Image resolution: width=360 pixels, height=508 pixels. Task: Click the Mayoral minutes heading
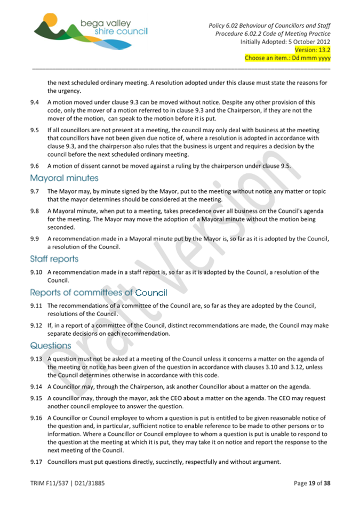point(64,178)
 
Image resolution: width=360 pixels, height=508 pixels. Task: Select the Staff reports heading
point(54,259)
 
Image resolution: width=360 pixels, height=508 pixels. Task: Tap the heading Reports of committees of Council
point(99,293)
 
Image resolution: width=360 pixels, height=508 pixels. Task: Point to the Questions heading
point(51,345)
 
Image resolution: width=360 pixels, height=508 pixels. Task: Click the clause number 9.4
point(35,102)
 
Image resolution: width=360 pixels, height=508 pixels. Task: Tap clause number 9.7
point(35,191)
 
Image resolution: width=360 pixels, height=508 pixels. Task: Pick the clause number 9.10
point(36,272)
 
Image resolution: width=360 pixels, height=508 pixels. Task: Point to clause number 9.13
point(36,359)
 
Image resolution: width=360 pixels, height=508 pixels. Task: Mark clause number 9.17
point(36,462)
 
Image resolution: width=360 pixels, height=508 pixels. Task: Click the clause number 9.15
point(36,398)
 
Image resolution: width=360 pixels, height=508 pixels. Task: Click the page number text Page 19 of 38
point(312,483)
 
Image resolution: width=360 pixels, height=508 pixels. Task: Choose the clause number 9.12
point(36,325)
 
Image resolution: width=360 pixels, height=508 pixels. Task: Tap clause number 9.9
point(35,239)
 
